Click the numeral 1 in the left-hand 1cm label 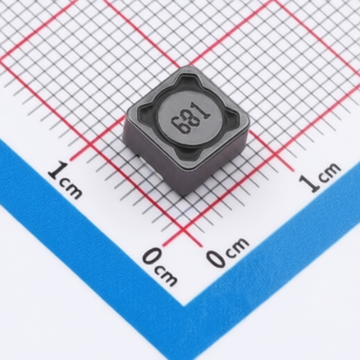pyautogui.click(x=58, y=169)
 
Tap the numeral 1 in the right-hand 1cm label pyautogui.click(x=309, y=184)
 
